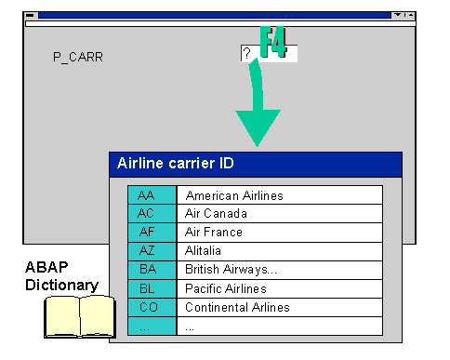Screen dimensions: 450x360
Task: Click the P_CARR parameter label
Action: pos(78,57)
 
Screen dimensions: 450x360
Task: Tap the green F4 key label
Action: pos(273,43)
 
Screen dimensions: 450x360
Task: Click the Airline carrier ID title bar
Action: pos(255,164)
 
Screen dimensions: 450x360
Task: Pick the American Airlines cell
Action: pos(279,195)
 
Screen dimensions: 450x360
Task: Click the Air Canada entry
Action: pos(279,214)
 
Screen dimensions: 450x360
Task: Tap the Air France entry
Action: pos(279,233)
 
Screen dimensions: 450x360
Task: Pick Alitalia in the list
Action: pos(279,251)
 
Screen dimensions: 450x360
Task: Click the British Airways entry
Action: pos(279,270)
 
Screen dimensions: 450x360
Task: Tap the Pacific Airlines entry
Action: pos(279,288)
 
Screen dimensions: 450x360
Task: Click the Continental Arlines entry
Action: pos(279,307)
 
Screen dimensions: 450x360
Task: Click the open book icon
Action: pos(79,316)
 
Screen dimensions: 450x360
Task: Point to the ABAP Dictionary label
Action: pos(60,276)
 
